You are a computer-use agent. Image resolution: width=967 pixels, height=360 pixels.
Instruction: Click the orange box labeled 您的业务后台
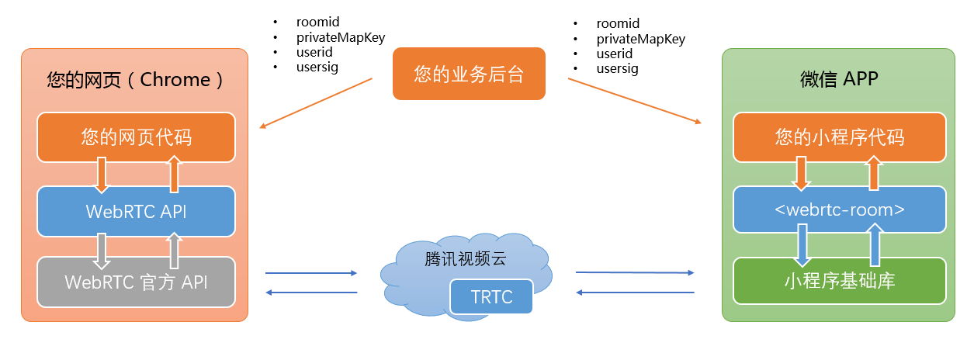click(x=469, y=74)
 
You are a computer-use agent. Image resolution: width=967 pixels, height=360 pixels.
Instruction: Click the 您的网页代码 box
click(x=136, y=137)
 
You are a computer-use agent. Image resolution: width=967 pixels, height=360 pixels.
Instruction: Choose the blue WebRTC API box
click(x=136, y=210)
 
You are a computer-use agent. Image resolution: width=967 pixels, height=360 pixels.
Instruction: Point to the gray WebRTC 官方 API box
click(x=136, y=282)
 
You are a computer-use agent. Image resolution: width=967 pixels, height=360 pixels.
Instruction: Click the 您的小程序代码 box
click(x=839, y=137)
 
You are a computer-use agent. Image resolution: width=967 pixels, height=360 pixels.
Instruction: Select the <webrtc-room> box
click(x=839, y=209)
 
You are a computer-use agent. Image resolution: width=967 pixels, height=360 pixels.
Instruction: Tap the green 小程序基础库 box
click(x=839, y=280)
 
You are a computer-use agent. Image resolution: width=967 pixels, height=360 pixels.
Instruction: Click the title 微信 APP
click(x=839, y=79)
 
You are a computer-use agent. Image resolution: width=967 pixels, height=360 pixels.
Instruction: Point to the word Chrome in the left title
click(x=175, y=79)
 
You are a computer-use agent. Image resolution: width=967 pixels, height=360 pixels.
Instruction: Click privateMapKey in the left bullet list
click(x=341, y=37)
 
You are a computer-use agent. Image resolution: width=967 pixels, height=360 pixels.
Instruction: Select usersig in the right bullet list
click(x=617, y=69)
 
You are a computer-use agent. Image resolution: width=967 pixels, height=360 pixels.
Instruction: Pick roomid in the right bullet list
click(x=618, y=24)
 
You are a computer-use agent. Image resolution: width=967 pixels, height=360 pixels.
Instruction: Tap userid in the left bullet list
click(x=314, y=52)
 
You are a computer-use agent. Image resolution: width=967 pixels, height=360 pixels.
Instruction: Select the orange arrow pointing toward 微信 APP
click(x=635, y=101)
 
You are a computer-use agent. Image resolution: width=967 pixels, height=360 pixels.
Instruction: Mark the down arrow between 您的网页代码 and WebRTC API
click(x=102, y=174)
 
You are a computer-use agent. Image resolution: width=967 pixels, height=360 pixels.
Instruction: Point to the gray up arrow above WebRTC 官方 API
click(x=174, y=247)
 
